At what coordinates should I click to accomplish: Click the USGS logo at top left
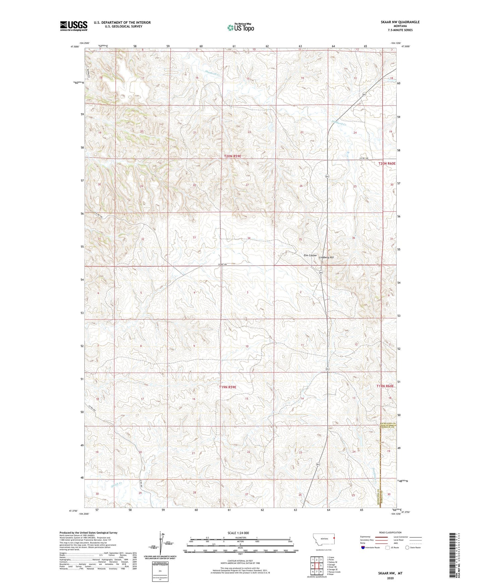(x=74, y=26)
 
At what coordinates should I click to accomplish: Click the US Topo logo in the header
(x=240, y=27)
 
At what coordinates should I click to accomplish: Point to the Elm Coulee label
(x=310, y=255)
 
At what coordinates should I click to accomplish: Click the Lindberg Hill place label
(x=326, y=257)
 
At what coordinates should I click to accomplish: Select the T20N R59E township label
(x=232, y=156)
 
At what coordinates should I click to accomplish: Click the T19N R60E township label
(x=385, y=386)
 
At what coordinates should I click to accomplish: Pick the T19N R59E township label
(x=228, y=387)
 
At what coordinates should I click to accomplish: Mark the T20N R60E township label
(x=387, y=164)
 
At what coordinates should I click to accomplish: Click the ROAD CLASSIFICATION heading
(x=390, y=532)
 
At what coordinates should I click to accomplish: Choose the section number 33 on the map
(x=194, y=237)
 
